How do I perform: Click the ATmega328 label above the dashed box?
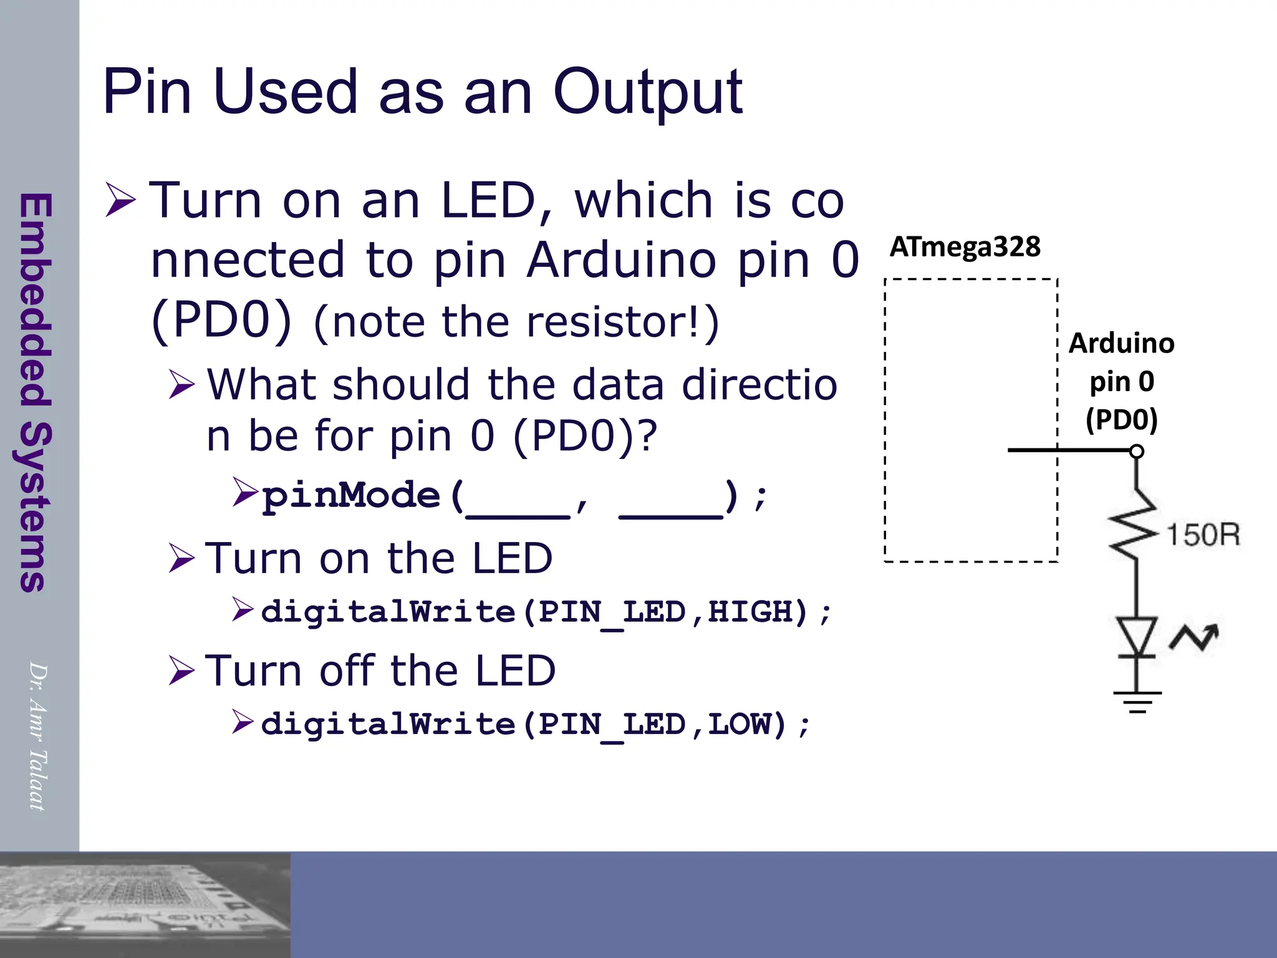click(x=965, y=247)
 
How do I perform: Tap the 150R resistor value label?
click(x=1203, y=535)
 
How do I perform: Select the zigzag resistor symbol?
click(x=1135, y=524)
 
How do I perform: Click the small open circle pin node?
click(x=1137, y=451)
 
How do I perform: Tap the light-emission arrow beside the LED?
click(x=1194, y=637)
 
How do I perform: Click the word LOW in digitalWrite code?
click(x=739, y=724)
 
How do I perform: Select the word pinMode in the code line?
click(x=351, y=496)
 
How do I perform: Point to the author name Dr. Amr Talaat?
click(x=37, y=737)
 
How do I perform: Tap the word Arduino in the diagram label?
click(x=1121, y=344)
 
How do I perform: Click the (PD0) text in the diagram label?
click(x=1121, y=419)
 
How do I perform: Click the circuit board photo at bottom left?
click(x=145, y=904)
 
